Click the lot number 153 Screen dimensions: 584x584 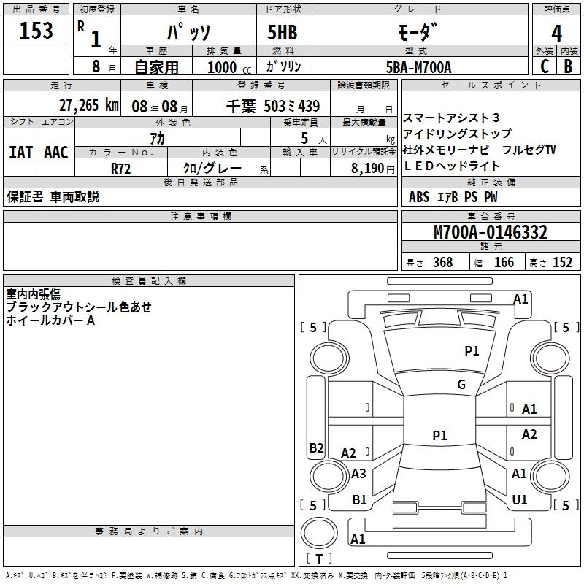36,30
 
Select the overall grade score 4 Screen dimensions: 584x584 556,34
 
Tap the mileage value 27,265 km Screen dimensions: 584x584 89,105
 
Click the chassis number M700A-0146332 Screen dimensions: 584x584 491,232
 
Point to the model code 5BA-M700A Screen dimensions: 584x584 418,67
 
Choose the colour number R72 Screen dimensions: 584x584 120,169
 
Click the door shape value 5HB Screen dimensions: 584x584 283,32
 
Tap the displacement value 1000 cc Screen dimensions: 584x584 229,67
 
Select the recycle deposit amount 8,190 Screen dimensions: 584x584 368,169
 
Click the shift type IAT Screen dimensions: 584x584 21,153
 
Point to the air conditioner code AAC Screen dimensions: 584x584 56,153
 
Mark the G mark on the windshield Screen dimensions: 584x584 461,384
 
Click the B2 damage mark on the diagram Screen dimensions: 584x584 316,447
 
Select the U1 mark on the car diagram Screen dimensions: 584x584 520,499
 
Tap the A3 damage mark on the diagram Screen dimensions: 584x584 358,473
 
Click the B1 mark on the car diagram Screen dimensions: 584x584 359,499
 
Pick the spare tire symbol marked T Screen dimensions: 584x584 319,533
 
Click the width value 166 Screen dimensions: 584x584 504,262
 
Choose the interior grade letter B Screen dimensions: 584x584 568,66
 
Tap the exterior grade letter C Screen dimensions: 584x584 545,66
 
